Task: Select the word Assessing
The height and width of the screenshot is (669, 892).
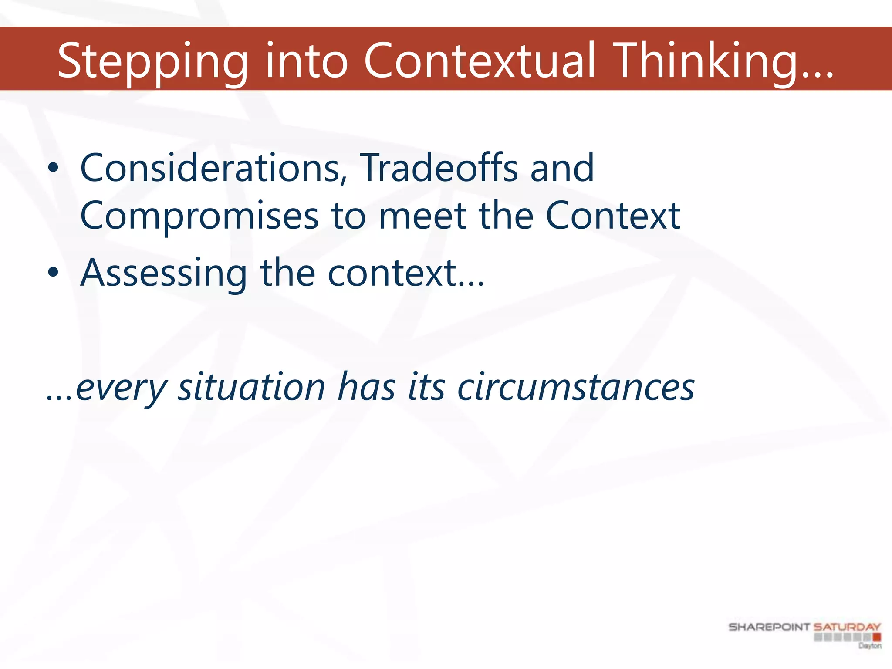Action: click(x=164, y=274)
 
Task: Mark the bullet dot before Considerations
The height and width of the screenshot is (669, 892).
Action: click(x=53, y=168)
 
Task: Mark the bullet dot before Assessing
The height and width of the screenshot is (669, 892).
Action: click(x=53, y=273)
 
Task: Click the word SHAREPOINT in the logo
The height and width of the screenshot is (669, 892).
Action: click(x=769, y=627)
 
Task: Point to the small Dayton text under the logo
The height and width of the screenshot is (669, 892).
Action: click(x=870, y=645)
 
